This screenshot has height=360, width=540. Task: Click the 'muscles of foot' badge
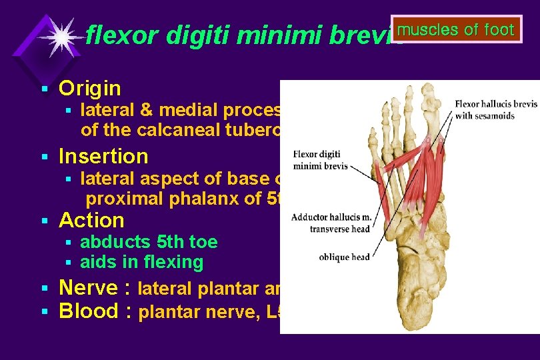click(x=457, y=30)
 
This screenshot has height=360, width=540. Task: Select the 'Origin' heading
click(x=90, y=88)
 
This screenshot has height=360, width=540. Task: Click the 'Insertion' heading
click(x=103, y=157)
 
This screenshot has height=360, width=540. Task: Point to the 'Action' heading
click(x=91, y=221)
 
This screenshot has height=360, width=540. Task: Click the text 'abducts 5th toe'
click(x=149, y=242)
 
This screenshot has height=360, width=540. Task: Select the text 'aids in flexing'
click(x=141, y=263)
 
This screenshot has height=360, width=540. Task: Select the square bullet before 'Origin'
click(x=43, y=89)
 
